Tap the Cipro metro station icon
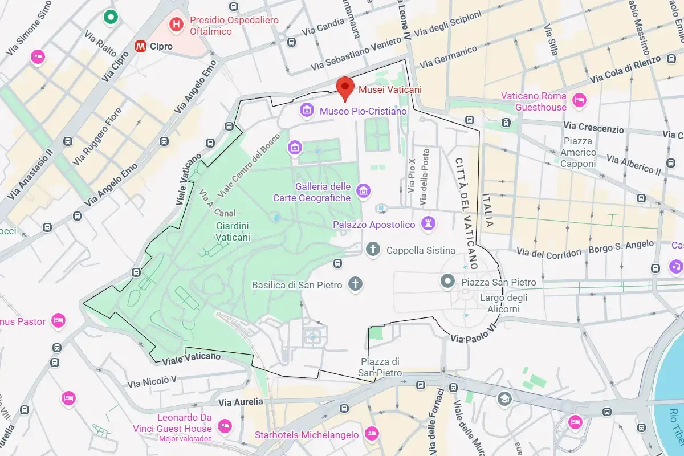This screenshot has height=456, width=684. pos(140,46)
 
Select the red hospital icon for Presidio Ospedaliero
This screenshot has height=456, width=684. pos(177,25)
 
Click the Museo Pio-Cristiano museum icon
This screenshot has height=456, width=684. pos(307,110)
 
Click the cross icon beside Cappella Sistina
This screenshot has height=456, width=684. pos(373,250)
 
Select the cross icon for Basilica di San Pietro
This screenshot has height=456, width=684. pos(356,284)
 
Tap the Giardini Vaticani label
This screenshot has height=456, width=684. pos(233,231)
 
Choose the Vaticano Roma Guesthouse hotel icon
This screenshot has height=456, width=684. pos(580,101)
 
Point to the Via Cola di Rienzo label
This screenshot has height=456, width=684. pos(625,69)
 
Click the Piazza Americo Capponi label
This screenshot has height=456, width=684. pos(578,152)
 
